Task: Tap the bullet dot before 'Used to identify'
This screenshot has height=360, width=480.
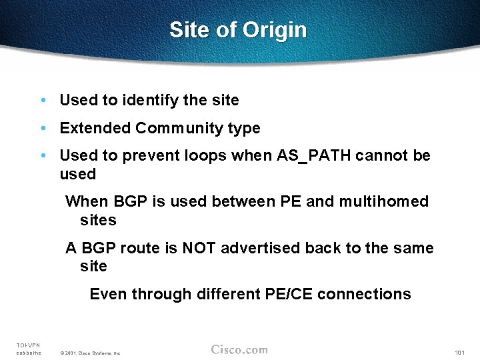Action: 43,101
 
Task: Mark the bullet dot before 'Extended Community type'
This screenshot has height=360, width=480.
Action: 43,128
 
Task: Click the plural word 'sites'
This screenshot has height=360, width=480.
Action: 98,220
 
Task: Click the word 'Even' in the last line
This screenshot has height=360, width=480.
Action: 107,294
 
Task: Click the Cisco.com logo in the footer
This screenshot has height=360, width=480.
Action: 239,349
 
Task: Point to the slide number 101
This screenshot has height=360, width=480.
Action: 459,352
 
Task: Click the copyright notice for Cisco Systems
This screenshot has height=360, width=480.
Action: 90,353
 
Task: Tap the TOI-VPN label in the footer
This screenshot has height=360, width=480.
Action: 29,345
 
